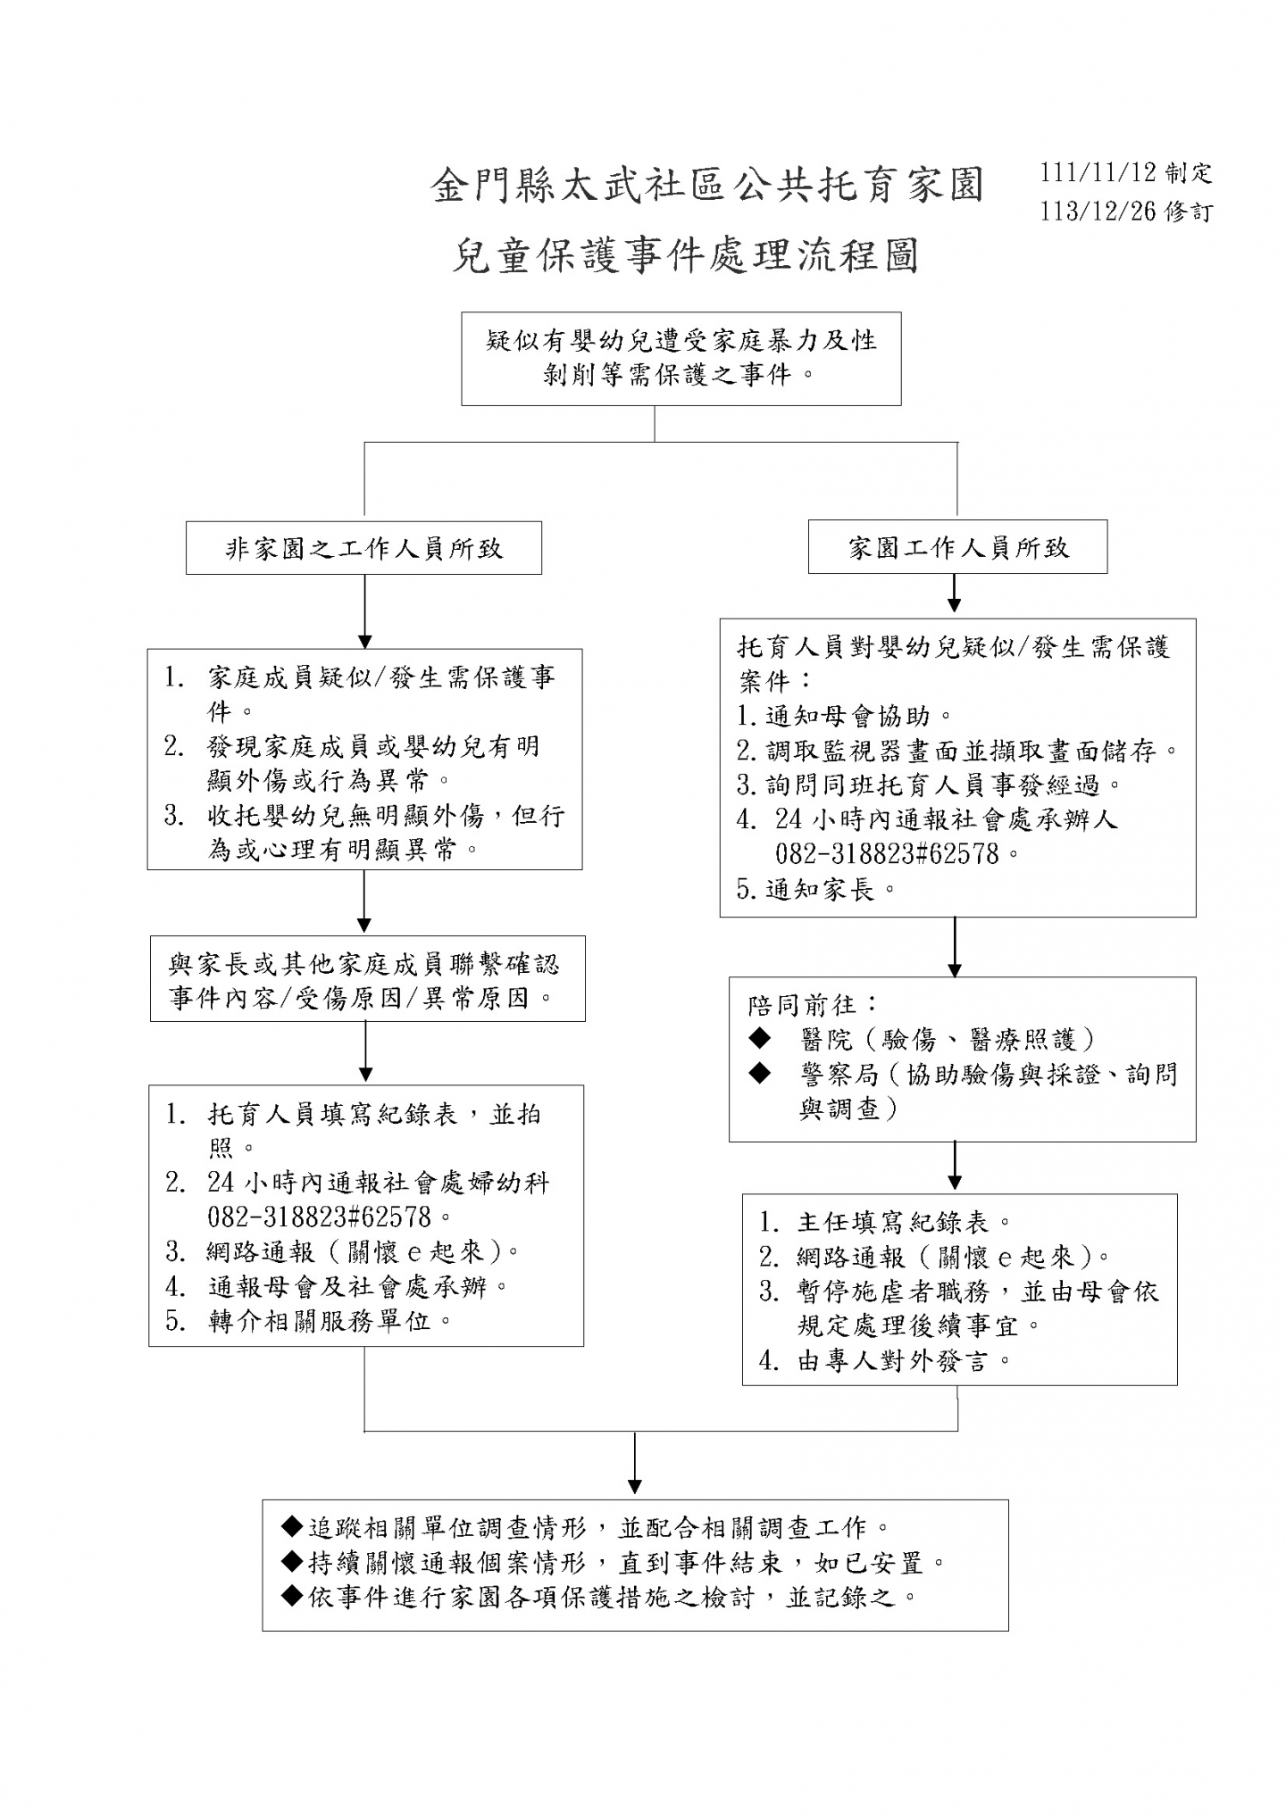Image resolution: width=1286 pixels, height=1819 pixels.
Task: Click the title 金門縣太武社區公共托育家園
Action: (x=707, y=186)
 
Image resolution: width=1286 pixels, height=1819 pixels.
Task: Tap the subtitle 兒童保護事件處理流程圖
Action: (x=685, y=256)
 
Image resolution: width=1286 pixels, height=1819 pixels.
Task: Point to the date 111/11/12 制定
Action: (x=1126, y=172)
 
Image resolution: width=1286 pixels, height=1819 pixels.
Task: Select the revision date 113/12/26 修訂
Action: (x=1126, y=212)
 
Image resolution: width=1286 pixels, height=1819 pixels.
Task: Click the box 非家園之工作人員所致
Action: (x=363, y=548)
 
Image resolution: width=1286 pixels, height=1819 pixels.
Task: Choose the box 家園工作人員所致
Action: (x=957, y=546)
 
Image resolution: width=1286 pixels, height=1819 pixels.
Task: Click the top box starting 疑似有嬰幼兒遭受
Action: (x=681, y=359)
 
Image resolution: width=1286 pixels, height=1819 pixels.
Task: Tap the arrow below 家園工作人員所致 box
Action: (x=955, y=593)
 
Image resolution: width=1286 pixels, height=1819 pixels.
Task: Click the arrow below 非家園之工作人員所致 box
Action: (x=364, y=612)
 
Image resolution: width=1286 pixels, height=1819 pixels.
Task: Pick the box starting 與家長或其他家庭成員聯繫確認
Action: (x=367, y=979)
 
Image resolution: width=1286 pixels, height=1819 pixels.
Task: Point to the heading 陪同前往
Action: (x=802, y=1005)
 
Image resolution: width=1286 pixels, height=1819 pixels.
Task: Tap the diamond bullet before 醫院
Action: (x=760, y=1037)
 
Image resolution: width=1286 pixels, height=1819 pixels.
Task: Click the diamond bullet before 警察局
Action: (x=760, y=1073)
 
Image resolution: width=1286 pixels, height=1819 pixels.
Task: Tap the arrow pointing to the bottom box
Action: (x=634, y=1463)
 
